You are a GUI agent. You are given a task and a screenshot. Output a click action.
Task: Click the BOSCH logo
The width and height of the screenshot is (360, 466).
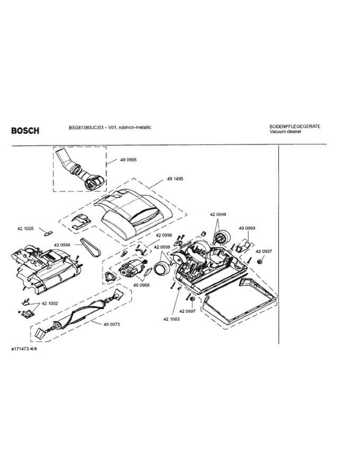(25, 131)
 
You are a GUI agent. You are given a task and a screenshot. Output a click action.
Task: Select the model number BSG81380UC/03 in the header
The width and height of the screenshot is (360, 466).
(83, 127)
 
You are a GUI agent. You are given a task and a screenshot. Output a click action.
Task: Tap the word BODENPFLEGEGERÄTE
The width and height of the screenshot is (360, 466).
(294, 127)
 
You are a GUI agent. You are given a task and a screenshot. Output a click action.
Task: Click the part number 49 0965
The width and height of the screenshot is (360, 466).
(128, 160)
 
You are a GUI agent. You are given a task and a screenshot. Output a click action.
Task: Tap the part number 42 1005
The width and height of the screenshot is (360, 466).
(25, 229)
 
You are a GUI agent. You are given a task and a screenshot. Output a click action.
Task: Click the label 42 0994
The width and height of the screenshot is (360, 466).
(62, 245)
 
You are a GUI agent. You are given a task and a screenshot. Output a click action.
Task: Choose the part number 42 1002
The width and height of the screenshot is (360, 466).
(50, 303)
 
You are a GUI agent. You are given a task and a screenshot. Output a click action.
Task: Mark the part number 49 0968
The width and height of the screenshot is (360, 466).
(141, 285)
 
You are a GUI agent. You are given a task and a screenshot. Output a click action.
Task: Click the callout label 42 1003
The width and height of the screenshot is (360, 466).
(171, 319)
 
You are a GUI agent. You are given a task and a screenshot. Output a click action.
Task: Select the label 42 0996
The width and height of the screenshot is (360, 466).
(164, 235)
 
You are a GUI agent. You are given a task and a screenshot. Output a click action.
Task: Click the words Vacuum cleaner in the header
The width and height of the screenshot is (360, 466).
(285, 132)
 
